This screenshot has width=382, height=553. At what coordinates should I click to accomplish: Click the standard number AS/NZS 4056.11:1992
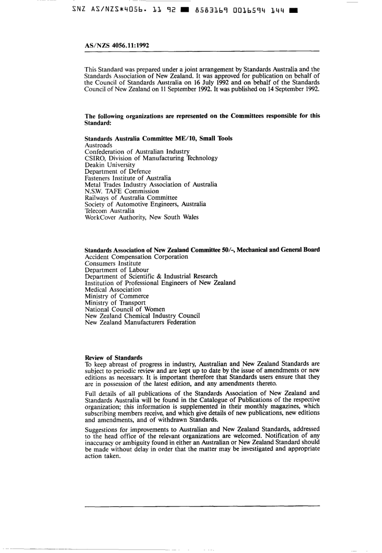point(117,45)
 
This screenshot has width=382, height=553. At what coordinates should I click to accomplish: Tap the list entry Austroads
point(99,145)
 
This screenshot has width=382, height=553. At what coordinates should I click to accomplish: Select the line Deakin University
point(110,165)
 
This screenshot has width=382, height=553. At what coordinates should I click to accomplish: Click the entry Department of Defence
point(117,171)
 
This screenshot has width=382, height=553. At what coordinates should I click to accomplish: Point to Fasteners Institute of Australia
point(127,178)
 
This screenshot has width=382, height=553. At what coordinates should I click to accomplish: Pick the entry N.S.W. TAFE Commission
point(121,191)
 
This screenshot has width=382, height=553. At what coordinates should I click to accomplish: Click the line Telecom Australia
point(109,211)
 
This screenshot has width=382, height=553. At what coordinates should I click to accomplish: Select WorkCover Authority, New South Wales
point(142,217)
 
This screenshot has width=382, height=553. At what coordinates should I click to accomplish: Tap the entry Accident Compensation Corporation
point(136,257)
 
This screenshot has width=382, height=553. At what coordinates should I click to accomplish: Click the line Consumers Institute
point(113,263)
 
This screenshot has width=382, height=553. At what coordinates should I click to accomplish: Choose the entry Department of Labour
point(117,270)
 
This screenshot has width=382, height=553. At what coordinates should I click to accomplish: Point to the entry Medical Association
point(113,290)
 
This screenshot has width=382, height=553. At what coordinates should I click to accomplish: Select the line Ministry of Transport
point(115,303)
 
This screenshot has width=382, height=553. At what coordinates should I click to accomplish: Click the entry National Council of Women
point(125,309)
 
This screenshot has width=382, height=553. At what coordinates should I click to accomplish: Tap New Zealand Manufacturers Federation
point(140,322)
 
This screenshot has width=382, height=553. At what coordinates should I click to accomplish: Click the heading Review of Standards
point(113,358)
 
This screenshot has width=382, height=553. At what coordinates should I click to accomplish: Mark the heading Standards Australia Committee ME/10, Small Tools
point(158,138)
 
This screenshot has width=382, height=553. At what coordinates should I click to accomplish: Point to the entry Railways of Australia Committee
point(131,197)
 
